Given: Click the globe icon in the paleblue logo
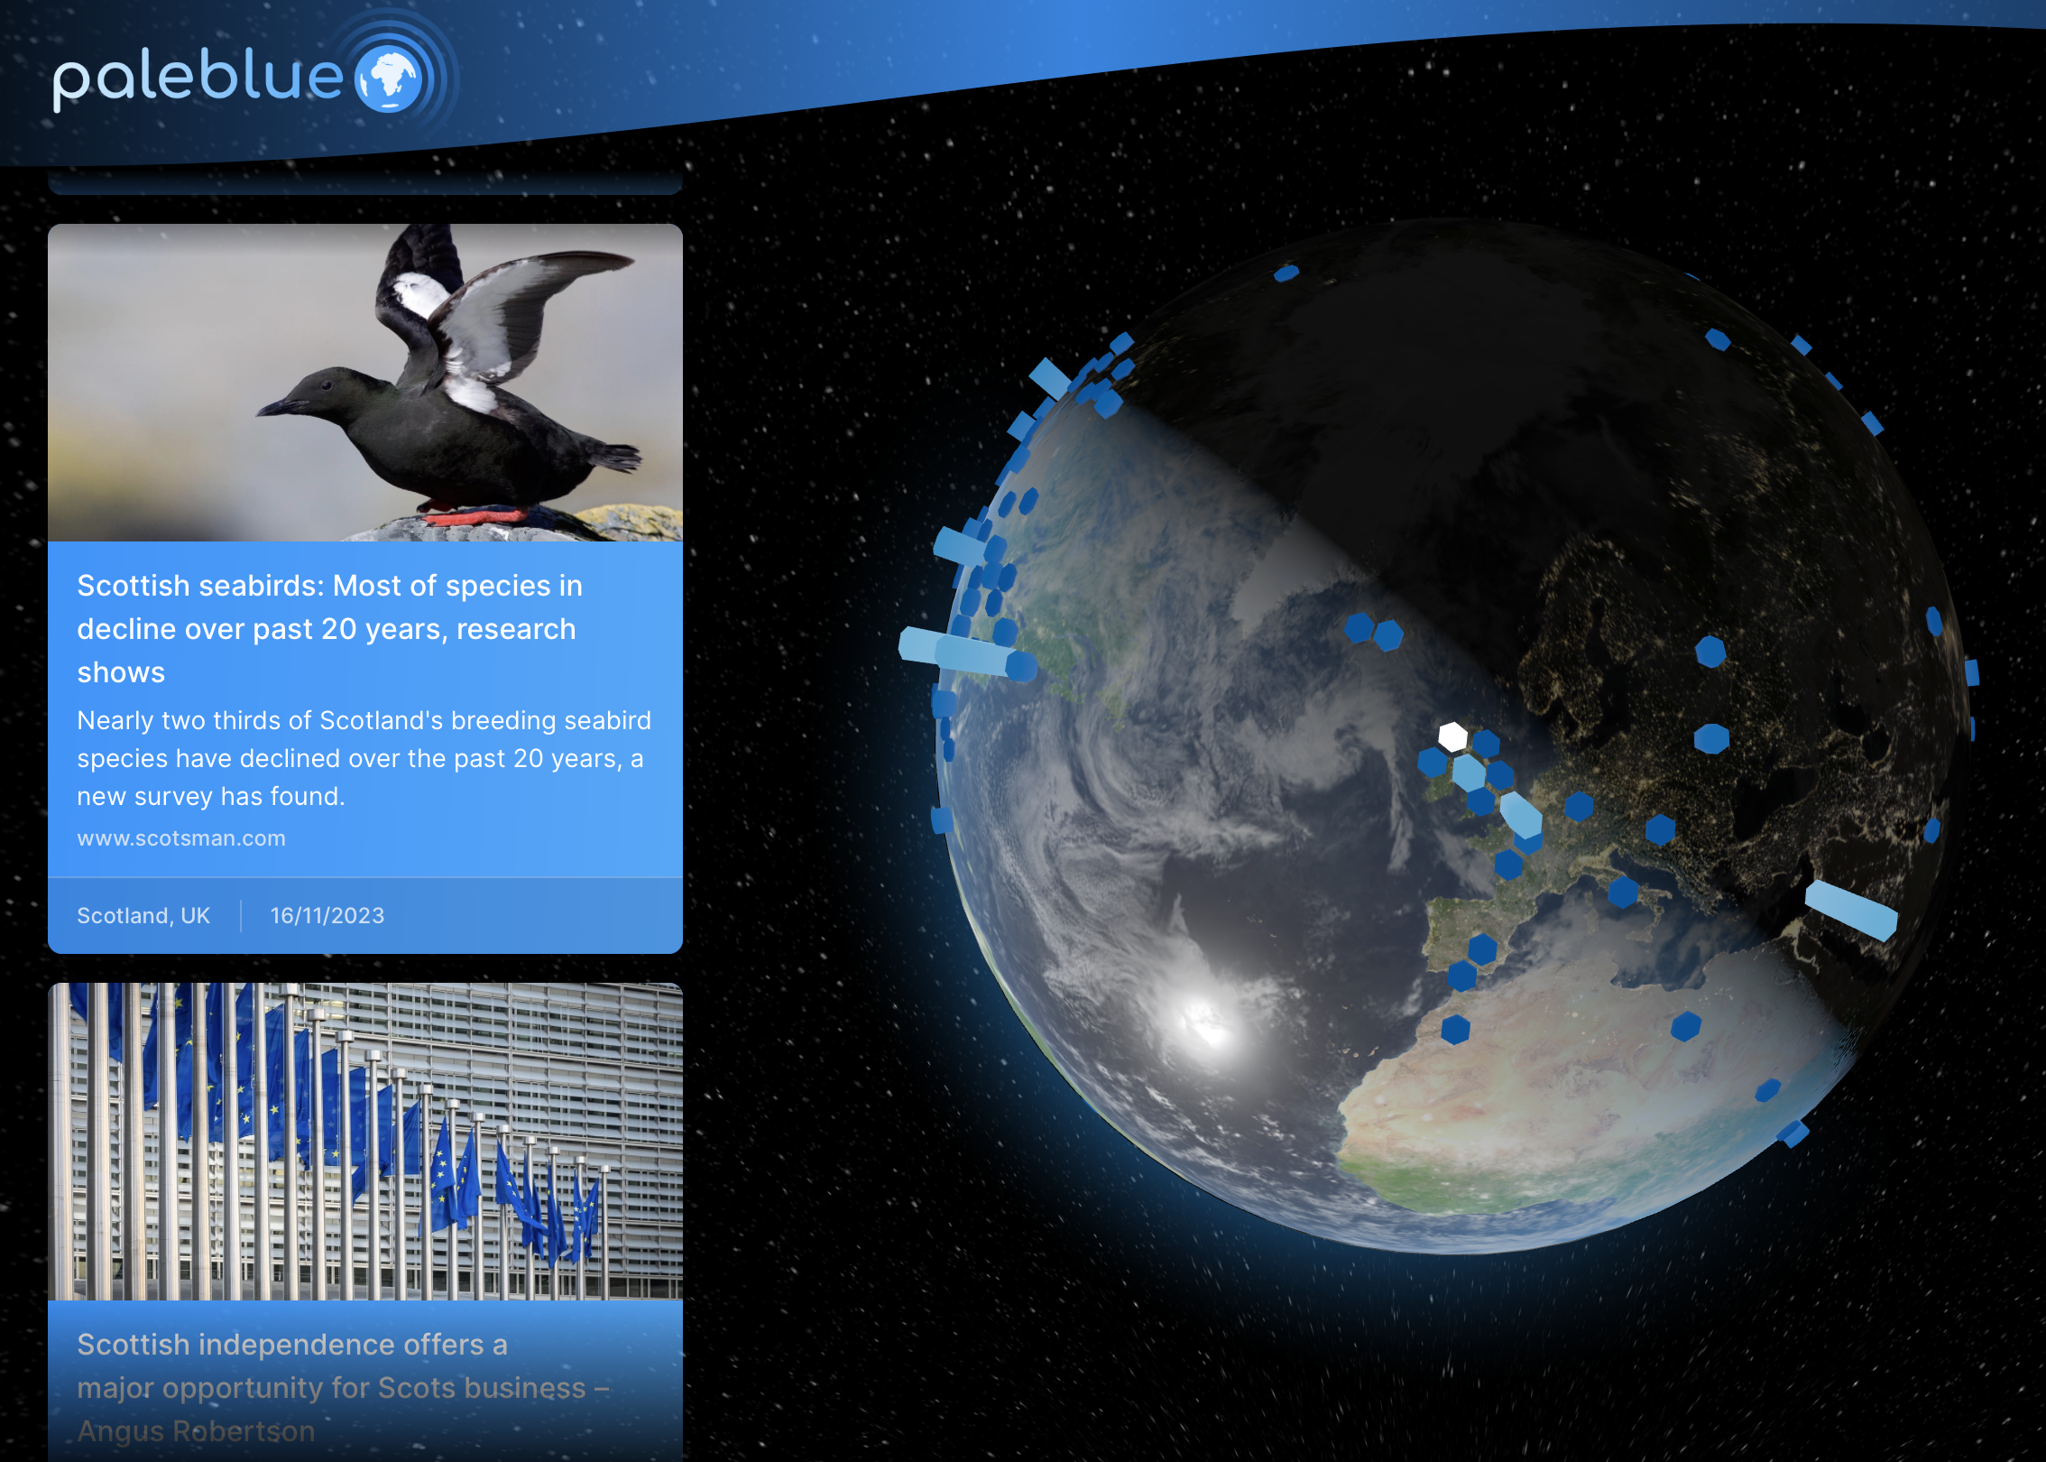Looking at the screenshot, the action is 389,79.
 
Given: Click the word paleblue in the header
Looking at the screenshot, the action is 198,79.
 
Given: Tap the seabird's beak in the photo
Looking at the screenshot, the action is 274,408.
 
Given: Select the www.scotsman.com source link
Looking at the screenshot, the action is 181,838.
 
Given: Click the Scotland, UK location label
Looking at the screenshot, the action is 143,916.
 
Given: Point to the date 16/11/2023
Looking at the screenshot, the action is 327,916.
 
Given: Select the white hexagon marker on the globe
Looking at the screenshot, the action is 1452,736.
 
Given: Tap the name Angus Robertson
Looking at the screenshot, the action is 197,1431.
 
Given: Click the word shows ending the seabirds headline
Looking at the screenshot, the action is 121,673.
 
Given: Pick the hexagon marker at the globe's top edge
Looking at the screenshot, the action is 1286,273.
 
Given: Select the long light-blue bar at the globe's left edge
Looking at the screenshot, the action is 962,652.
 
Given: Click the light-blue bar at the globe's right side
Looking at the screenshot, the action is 1851,911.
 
